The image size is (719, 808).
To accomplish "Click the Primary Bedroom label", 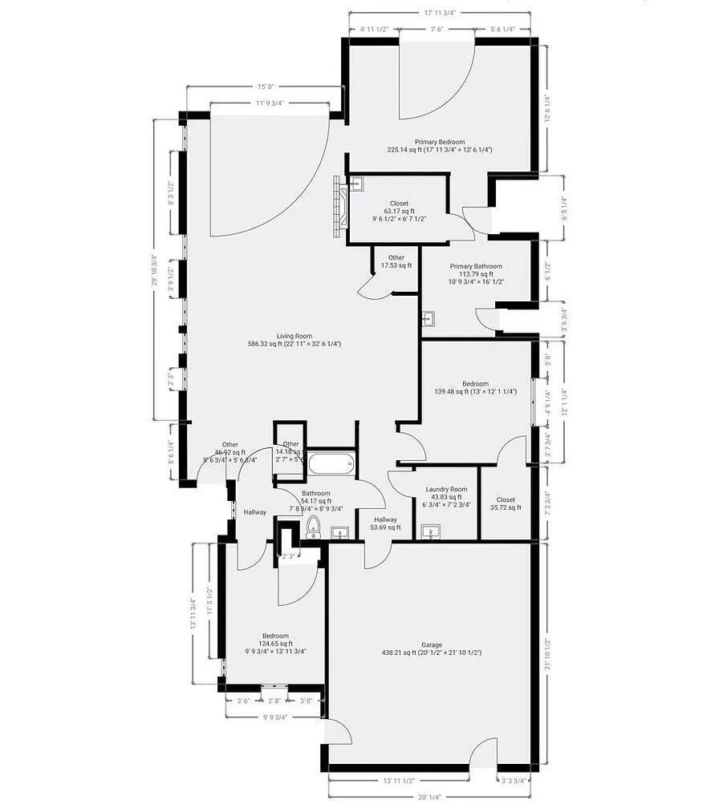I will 439,142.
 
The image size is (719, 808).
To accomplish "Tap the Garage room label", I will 432,644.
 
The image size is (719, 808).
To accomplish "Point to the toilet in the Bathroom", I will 314,526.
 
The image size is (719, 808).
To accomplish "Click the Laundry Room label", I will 446,489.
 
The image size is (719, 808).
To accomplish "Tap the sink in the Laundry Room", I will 432,531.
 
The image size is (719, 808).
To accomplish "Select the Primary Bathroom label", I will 476,266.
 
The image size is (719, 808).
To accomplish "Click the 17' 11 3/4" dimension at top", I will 440,12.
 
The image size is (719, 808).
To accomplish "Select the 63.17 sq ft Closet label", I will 399,204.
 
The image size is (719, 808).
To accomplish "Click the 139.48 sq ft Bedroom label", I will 475,384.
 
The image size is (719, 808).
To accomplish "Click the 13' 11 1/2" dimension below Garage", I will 398,780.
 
